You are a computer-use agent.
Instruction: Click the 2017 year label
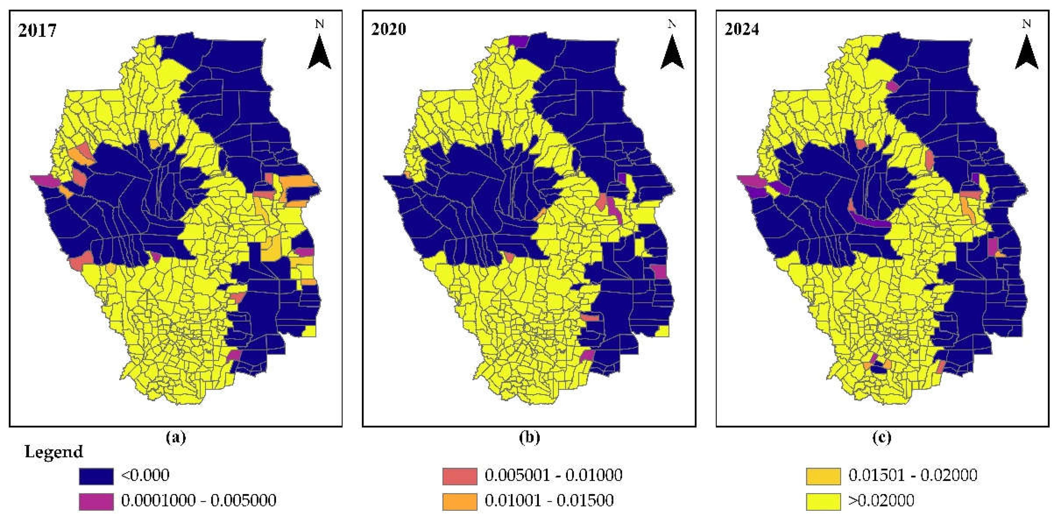pos(37,31)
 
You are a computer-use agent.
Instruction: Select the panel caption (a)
pos(176,437)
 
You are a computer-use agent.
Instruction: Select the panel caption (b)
pos(529,437)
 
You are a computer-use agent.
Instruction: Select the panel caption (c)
pos(882,437)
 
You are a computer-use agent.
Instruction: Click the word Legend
pos(54,452)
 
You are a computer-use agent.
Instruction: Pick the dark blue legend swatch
pos(96,476)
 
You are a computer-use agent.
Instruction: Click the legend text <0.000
pos(145,475)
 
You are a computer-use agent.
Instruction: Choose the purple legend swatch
pos(96,501)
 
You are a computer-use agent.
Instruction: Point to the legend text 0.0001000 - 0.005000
pos(198,500)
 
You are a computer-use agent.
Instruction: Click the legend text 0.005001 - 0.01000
pos(553,475)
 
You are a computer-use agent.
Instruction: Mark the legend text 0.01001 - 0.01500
pos(549,500)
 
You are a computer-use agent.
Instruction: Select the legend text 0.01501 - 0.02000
pos(913,475)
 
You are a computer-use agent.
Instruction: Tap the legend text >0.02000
pos(881,500)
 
